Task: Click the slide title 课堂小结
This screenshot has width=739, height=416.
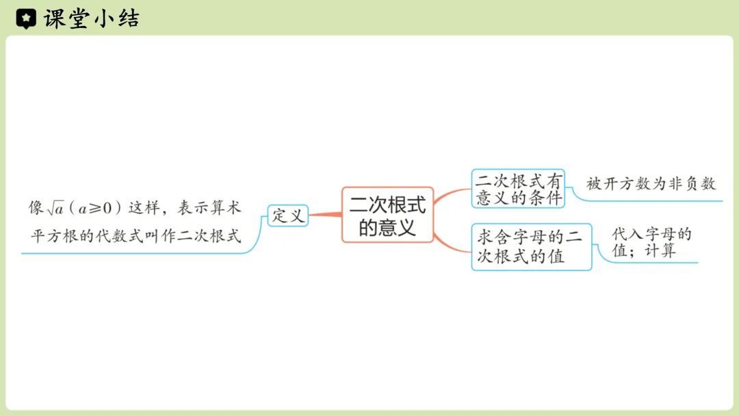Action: click(91, 18)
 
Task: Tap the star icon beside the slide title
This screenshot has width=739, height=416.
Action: click(26, 19)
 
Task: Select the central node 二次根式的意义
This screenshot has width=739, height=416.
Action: click(387, 215)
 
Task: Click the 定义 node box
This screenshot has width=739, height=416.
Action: click(287, 216)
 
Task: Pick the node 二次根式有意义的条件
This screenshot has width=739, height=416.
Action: click(518, 189)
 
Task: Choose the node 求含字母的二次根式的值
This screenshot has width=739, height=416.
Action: click(531, 247)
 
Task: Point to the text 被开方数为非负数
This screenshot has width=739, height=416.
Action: click(650, 183)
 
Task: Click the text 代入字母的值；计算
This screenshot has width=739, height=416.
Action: click(651, 242)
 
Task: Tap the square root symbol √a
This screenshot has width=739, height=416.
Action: click(56, 207)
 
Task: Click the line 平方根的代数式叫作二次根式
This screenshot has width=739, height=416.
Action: click(136, 236)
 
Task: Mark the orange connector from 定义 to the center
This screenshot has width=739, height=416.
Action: click(325, 216)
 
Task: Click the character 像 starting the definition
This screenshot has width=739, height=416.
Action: click(36, 207)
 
